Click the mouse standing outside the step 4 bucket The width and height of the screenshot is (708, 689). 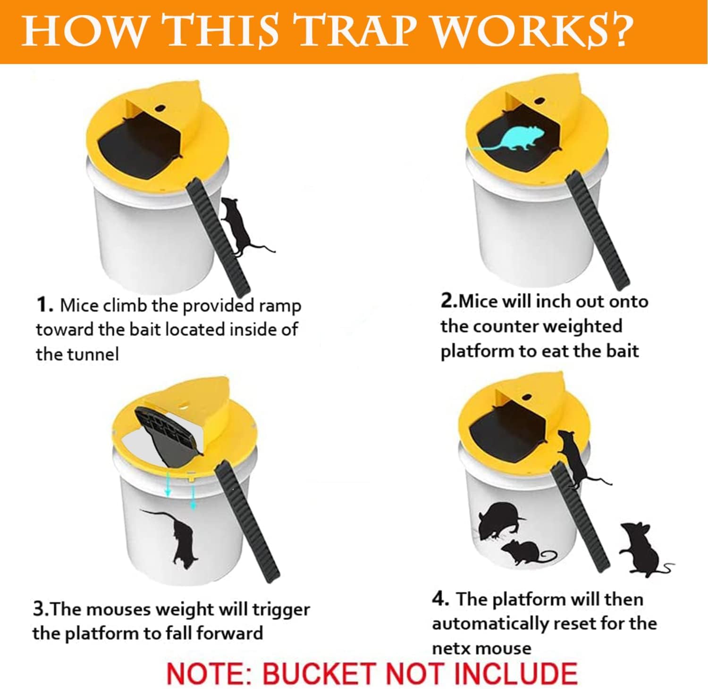coord(647,549)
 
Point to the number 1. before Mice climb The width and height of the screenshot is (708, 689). coord(45,306)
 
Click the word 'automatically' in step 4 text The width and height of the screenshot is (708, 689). coord(489,624)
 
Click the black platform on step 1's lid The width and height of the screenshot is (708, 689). coord(137,150)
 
